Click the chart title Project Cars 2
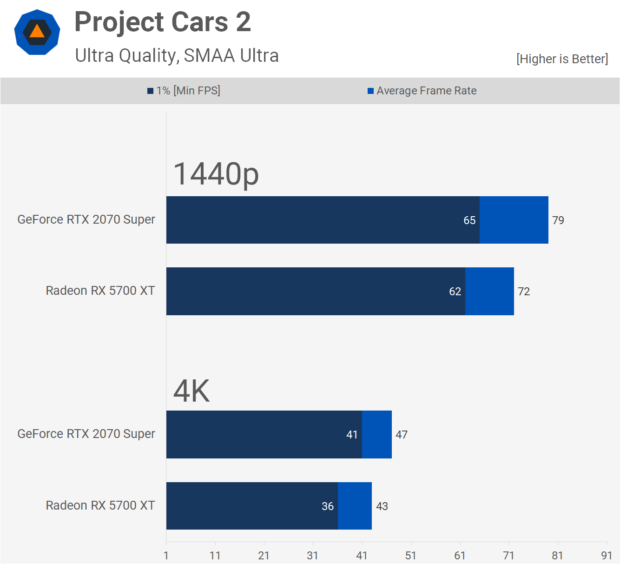[x=163, y=22]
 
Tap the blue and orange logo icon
[x=37, y=33]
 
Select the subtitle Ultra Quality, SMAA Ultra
[x=177, y=56]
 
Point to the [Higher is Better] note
[x=562, y=59]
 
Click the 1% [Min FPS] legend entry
[x=184, y=91]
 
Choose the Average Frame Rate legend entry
[x=422, y=91]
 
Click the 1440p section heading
[x=216, y=174]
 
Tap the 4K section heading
[x=191, y=391]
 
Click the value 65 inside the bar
[x=469, y=220]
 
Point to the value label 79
[x=558, y=220]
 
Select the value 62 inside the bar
[x=455, y=292]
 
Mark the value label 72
[x=524, y=292]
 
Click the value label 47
[x=402, y=435]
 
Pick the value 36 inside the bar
[x=328, y=506]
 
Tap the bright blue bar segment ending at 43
[x=355, y=506]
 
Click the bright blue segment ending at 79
[x=514, y=220]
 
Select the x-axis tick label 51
[x=411, y=556]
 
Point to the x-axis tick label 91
[x=607, y=556]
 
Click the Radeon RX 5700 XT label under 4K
[x=100, y=505]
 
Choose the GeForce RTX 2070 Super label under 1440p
[x=86, y=219]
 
